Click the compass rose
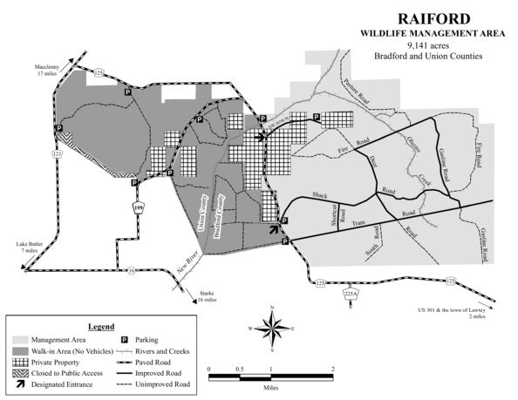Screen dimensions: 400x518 272,329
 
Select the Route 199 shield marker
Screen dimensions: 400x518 138,207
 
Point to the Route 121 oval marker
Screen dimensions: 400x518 57,154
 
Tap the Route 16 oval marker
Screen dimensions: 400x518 131,270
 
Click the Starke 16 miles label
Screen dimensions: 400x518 208,297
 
